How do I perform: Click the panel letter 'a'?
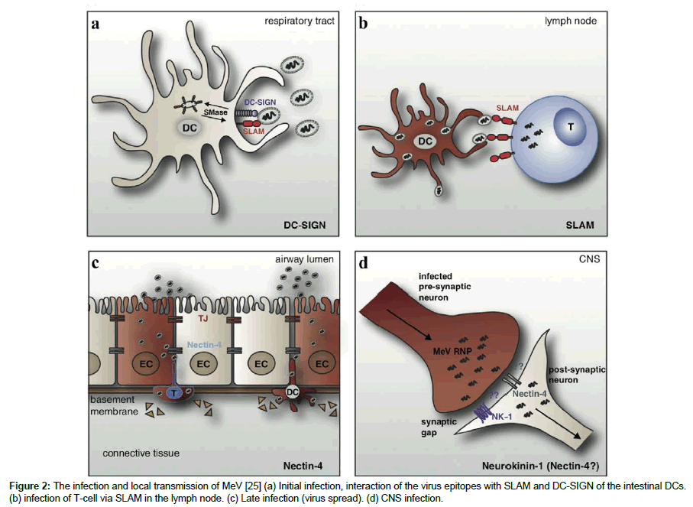(x=96, y=24)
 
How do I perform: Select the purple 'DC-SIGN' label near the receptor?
(x=260, y=102)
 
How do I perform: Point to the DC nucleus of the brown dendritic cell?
(x=423, y=141)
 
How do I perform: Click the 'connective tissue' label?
(x=141, y=453)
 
